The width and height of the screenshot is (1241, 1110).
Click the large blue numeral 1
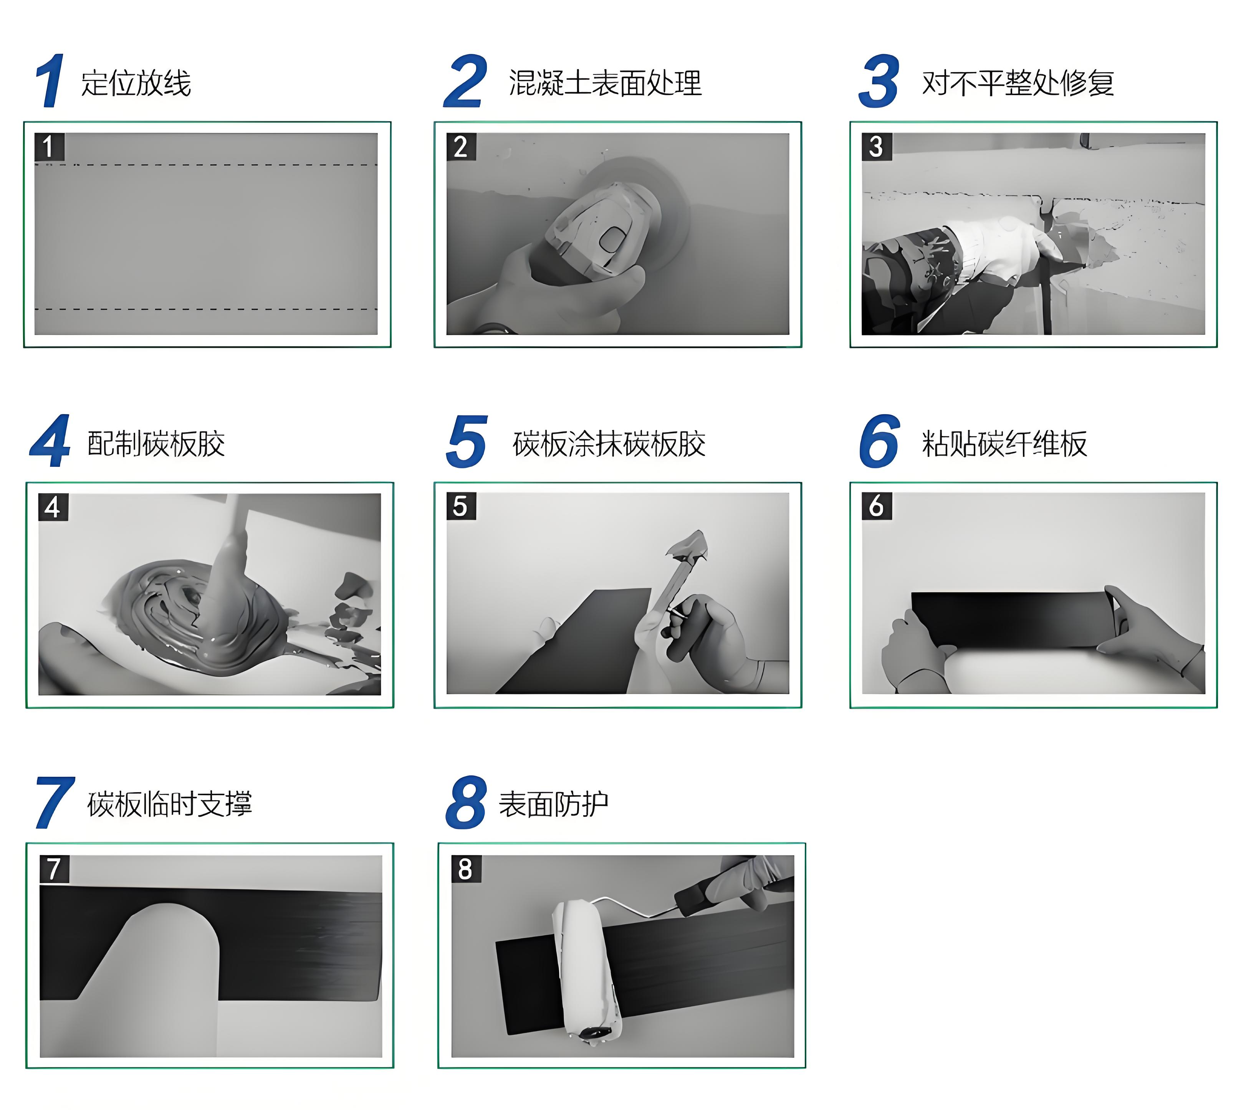tap(50, 81)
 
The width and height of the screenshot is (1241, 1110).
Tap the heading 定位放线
tap(136, 83)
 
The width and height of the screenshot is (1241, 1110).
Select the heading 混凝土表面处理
tap(605, 83)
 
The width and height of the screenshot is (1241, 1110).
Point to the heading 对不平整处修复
tap(1018, 83)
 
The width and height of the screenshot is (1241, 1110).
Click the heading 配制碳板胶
tap(156, 443)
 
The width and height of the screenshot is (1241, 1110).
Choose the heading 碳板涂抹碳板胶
tap(609, 443)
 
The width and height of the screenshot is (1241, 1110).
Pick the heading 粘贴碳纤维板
tap(1004, 443)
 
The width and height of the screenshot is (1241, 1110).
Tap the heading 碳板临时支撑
tap(170, 804)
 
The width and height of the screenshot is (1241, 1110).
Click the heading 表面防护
tap(553, 804)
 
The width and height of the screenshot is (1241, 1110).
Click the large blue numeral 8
tap(466, 803)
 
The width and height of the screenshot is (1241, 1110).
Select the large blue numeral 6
tap(879, 441)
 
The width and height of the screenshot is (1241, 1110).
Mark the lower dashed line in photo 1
tap(206, 309)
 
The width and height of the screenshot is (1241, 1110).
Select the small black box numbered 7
tap(54, 869)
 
